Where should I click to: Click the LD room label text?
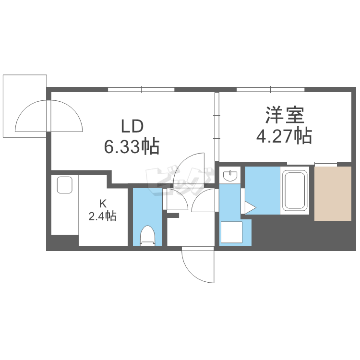point(132,126)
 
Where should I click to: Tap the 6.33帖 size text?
point(132,146)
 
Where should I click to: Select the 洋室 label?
point(285,115)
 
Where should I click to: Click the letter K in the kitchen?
point(103,203)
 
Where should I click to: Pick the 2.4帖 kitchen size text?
point(102,216)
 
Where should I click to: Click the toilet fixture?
point(148,236)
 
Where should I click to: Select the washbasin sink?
point(230,176)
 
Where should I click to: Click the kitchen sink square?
point(64,185)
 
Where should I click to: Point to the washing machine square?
point(231,232)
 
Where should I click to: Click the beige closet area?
point(333,193)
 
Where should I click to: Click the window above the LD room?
point(141,90)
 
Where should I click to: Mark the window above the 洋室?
point(270,90)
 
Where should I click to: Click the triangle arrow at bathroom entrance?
point(250,208)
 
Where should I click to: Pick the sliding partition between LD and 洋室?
point(217,127)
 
